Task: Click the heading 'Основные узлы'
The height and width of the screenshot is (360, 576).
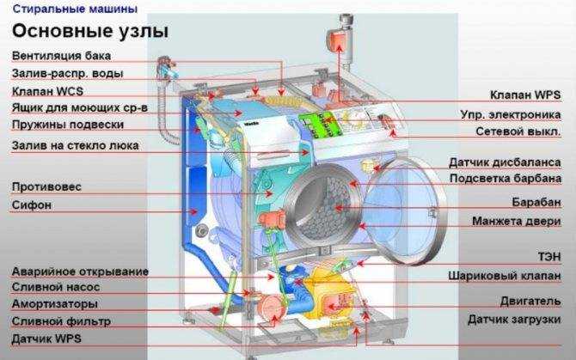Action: point(90,32)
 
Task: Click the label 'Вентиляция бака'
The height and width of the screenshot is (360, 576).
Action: point(61,56)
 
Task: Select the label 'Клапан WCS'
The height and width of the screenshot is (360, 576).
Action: point(48,91)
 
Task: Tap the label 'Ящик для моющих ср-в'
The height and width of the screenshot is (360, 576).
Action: point(80,108)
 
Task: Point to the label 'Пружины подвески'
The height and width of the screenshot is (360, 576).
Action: point(68,125)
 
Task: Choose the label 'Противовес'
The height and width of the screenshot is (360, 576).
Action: point(46,186)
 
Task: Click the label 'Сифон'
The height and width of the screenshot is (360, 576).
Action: point(32,204)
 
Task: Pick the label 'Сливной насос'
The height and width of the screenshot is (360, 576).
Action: point(56,287)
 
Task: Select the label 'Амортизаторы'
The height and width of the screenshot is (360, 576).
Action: point(55,304)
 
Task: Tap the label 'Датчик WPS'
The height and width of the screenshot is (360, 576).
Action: point(46,339)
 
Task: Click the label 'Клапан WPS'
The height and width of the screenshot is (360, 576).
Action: point(525,95)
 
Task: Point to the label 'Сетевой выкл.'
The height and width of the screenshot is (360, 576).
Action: point(518,131)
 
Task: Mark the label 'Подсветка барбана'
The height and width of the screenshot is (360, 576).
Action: point(506,179)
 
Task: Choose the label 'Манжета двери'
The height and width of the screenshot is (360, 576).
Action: point(517,222)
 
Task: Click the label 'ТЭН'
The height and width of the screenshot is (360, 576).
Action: point(549,257)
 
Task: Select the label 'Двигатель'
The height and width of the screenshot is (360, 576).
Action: point(530,302)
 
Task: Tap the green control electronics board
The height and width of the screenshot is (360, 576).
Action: point(319,124)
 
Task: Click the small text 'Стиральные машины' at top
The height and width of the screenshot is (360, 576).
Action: point(75,9)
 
